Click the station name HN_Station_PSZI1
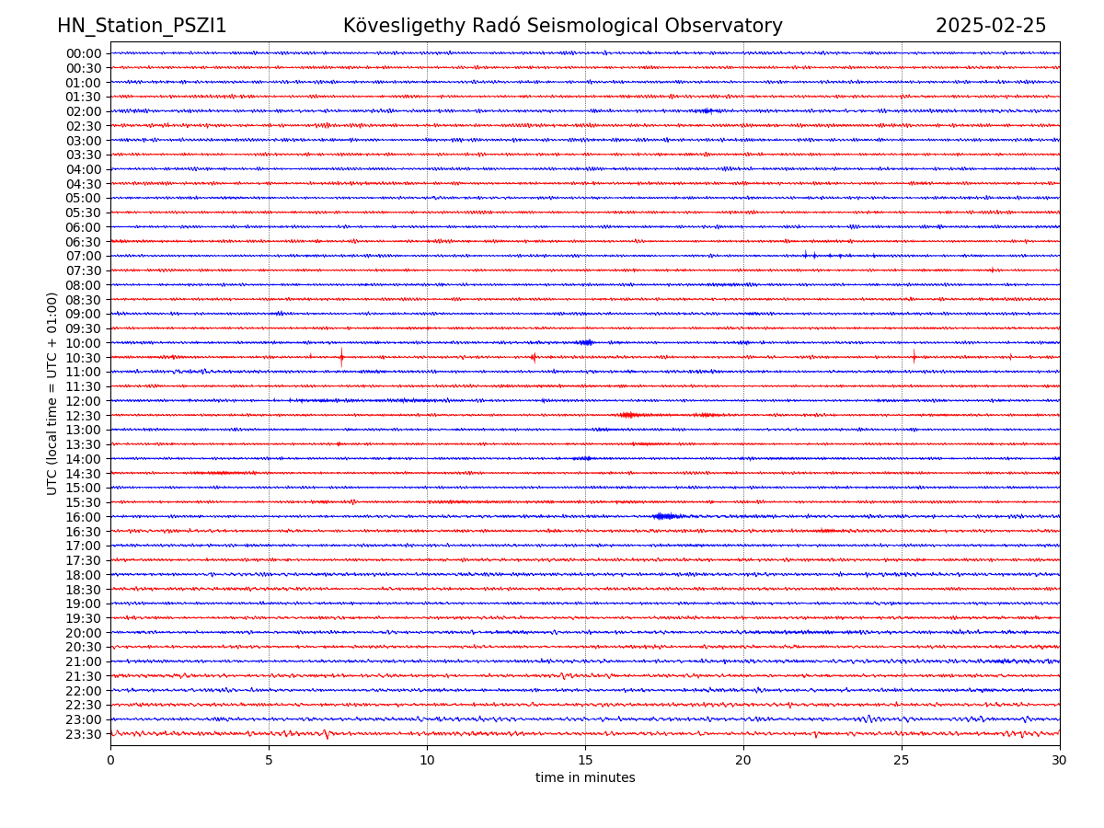[x=142, y=26]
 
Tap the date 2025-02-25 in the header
[x=991, y=26]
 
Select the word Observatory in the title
[x=732, y=26]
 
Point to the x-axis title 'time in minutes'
[x=585, y=777]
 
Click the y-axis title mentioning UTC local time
[x=52, y=393]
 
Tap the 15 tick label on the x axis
[x=585, y=760]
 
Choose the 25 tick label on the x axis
[x=902, y=760]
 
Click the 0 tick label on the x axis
[x=110, y=760]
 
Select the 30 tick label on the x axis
[x=1060, y=760]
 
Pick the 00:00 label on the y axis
[x=84, y=53]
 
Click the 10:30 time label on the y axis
[x=84, y=357]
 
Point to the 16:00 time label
[x=84, y=517]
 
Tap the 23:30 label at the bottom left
[x=84, y=734]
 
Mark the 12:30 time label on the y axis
[x=84, y=416]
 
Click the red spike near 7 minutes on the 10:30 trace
[x=341, y=357]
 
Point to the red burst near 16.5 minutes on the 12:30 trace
[x=629, y=415]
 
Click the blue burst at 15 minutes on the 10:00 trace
[x=585, y=342]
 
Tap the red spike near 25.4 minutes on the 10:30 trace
[x=914, y=356]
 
